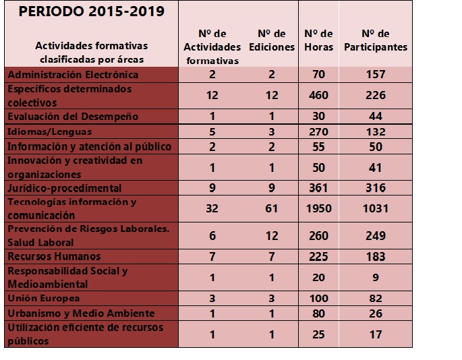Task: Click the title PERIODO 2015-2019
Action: tap(91, 11)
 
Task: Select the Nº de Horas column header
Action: tap(318, 40)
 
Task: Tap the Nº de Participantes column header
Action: tap(376, 40)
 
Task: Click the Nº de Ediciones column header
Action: tap(272, 40)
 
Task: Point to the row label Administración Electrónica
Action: tap(73, 75)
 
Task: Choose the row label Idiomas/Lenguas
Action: tap(50, 131)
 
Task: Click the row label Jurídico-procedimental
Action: tap(65, 188)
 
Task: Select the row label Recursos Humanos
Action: tap(54, 256)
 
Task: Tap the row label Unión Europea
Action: tap(44, 298)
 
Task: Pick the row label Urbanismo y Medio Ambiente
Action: tap(81, 313)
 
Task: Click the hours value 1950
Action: tap(319, 208)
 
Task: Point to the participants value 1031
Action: tap(376, 208)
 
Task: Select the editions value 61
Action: tap(271, 208)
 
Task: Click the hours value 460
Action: tap(319, 96)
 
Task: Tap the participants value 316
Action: tap(376, 188)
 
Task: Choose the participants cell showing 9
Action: tap(376, 278)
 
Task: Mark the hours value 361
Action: tap(318, 188)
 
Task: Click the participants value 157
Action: tap(376, 74)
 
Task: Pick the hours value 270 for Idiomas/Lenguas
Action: tap(319, 131)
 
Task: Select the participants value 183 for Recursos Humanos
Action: tap(376, 257)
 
